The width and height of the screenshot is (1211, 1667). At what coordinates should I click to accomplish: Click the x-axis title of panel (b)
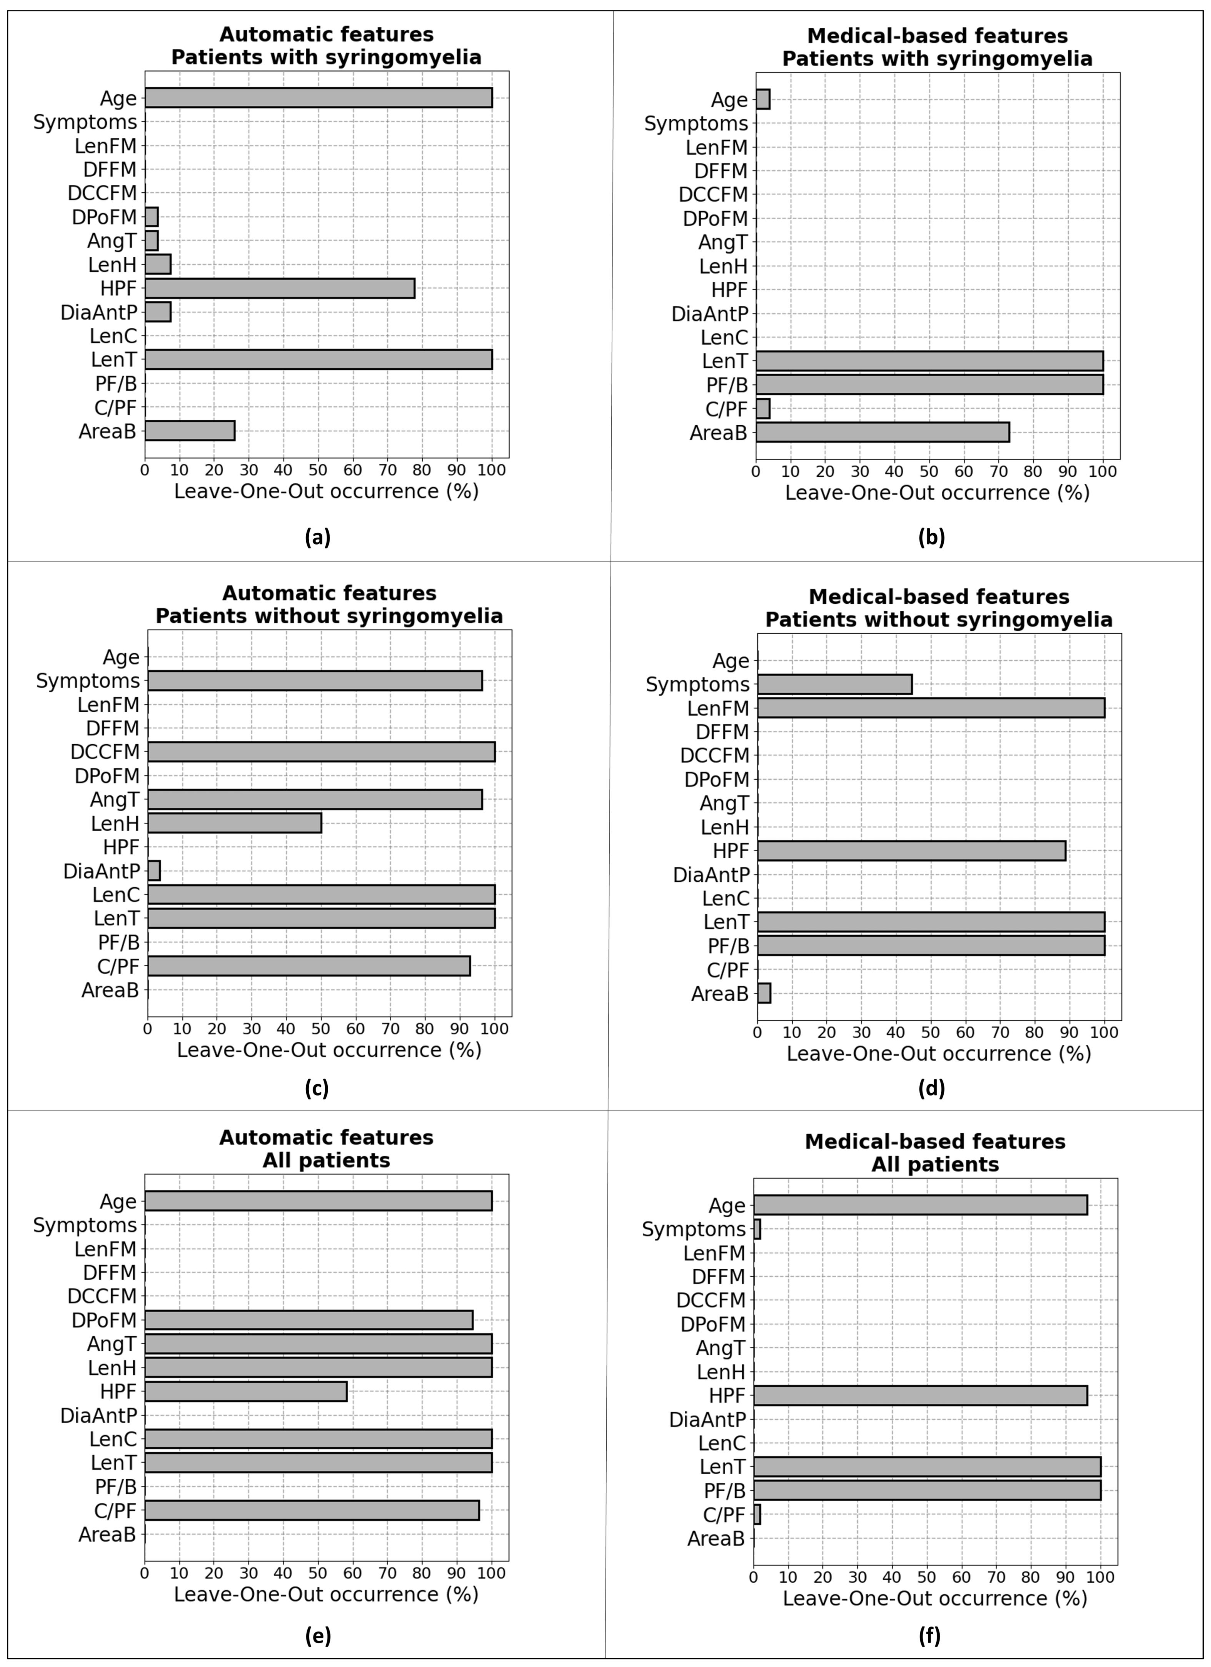[937, 493]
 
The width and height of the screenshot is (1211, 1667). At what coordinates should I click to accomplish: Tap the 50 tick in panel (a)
[317, 470]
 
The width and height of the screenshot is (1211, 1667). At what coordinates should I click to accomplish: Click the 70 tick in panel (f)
[996, 1577]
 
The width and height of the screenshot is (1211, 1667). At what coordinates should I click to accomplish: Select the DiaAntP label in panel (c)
[102, 872]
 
